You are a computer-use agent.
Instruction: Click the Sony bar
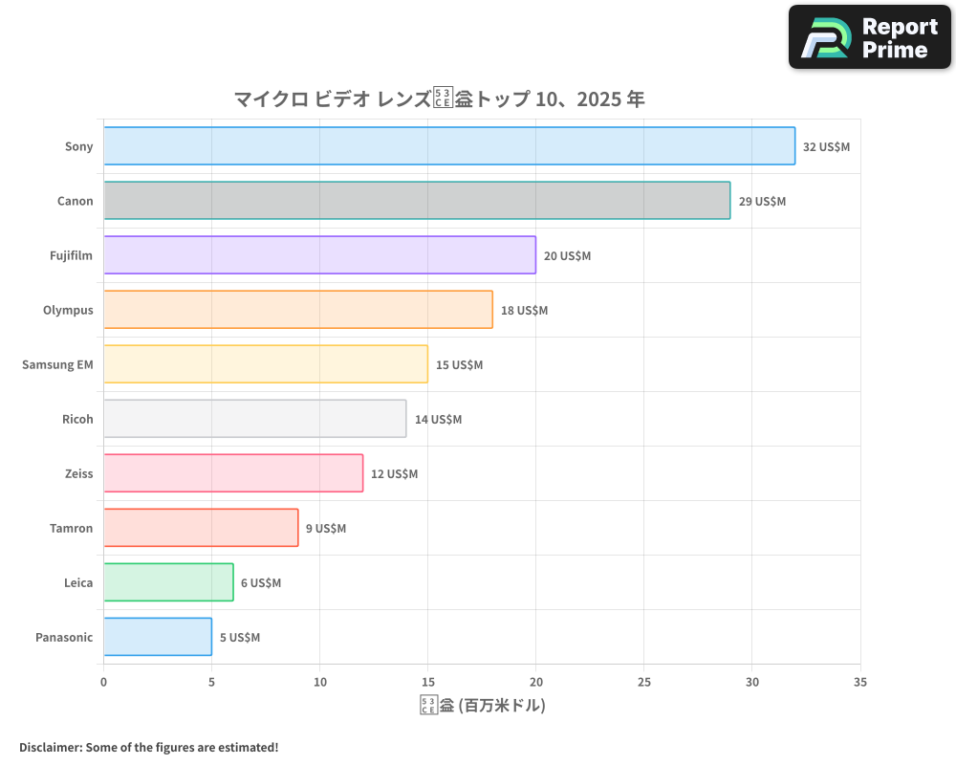click(449, 146)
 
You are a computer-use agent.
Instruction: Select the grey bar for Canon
click(417, 201)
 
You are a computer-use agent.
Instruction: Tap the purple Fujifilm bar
click(319, 255)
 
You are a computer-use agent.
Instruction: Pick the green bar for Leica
click(168, 582)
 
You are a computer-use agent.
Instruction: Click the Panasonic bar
click(158, 637)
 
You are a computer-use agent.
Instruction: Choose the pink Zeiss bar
click(233, 473)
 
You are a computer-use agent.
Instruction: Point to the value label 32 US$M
click(826, 147)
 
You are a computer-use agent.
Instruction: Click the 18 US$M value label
click(524, 311)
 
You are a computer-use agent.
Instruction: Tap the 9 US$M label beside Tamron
click(326, 529)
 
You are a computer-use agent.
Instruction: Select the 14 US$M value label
click(438, 420)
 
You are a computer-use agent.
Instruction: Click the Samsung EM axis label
click(57, 365)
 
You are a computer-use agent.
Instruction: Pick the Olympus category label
click(68, 311)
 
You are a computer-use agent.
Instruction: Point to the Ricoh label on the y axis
click(77, 420)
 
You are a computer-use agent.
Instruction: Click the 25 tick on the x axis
click(643, 683)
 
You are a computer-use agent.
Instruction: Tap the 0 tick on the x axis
click(103, 683)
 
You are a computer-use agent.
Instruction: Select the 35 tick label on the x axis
click(859, 683)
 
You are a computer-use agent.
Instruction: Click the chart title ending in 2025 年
click(439, 98)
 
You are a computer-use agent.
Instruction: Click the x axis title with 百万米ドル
click(482, 706)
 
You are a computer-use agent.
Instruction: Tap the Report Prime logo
click(870, 37)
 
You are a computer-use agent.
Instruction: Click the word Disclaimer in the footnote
click(49, 748)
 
